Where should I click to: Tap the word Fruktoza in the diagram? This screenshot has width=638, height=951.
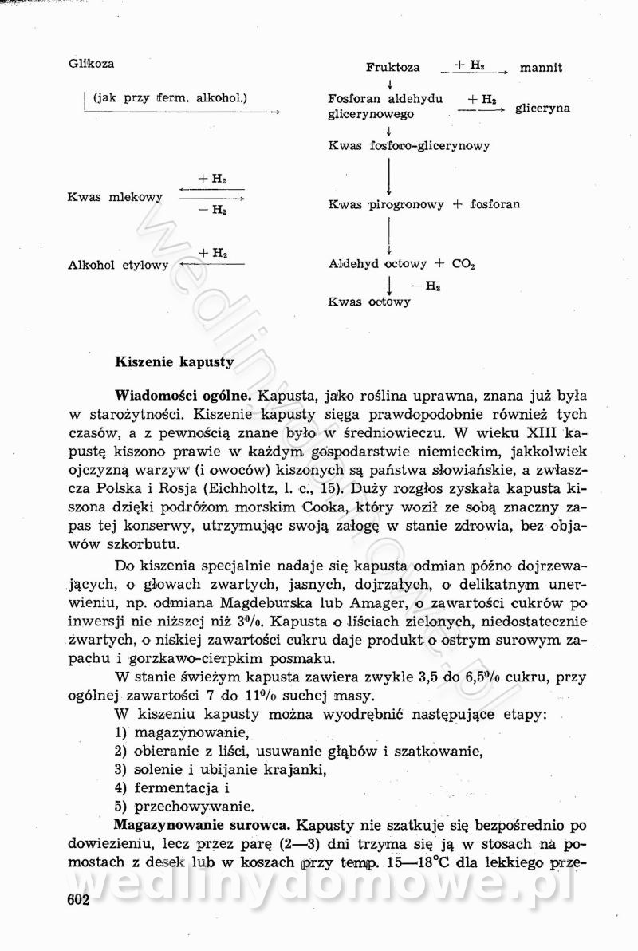393,68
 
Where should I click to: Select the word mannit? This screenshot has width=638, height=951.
541,68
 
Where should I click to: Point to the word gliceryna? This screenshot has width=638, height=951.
542,108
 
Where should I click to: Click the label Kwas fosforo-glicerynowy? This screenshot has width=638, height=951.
409,146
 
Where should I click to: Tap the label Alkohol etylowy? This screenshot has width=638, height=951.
119,265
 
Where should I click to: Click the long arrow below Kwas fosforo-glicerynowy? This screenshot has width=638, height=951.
388,176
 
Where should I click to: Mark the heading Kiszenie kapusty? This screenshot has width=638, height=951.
175,361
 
